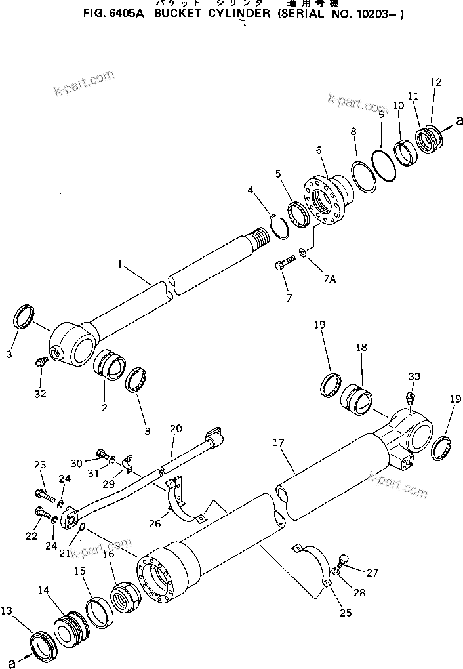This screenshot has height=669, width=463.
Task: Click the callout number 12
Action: [435, 82]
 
